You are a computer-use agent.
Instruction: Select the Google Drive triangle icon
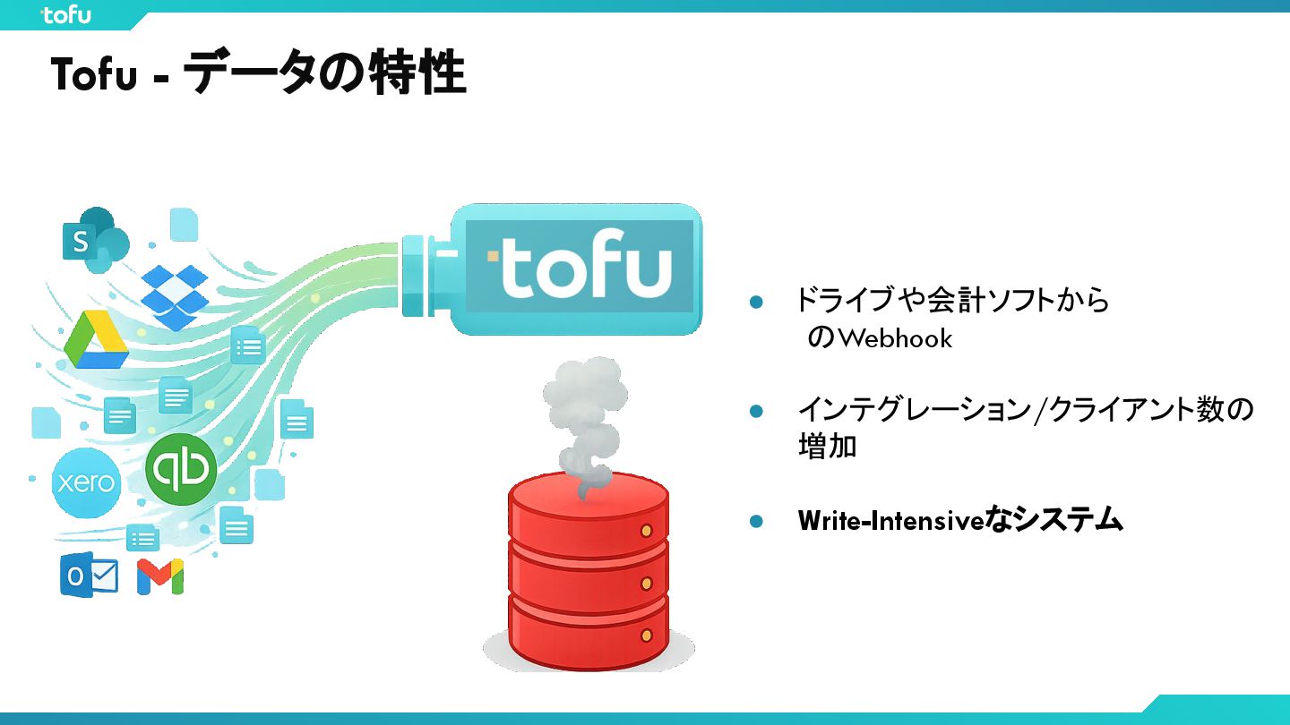[97, 341]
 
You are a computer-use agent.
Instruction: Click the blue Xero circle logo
[85, 483]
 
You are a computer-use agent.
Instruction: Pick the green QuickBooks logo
[181, 469]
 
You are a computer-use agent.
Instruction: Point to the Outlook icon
[89, 576]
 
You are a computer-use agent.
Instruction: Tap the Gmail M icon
[160, 576]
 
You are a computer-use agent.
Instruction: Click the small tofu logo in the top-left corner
[66, 14]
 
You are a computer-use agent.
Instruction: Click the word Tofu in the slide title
[94, 75]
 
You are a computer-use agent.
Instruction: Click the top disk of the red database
[589, 506]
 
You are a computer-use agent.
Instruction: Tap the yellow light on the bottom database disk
[646, 635]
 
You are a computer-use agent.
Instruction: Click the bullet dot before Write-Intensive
[756, 521]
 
